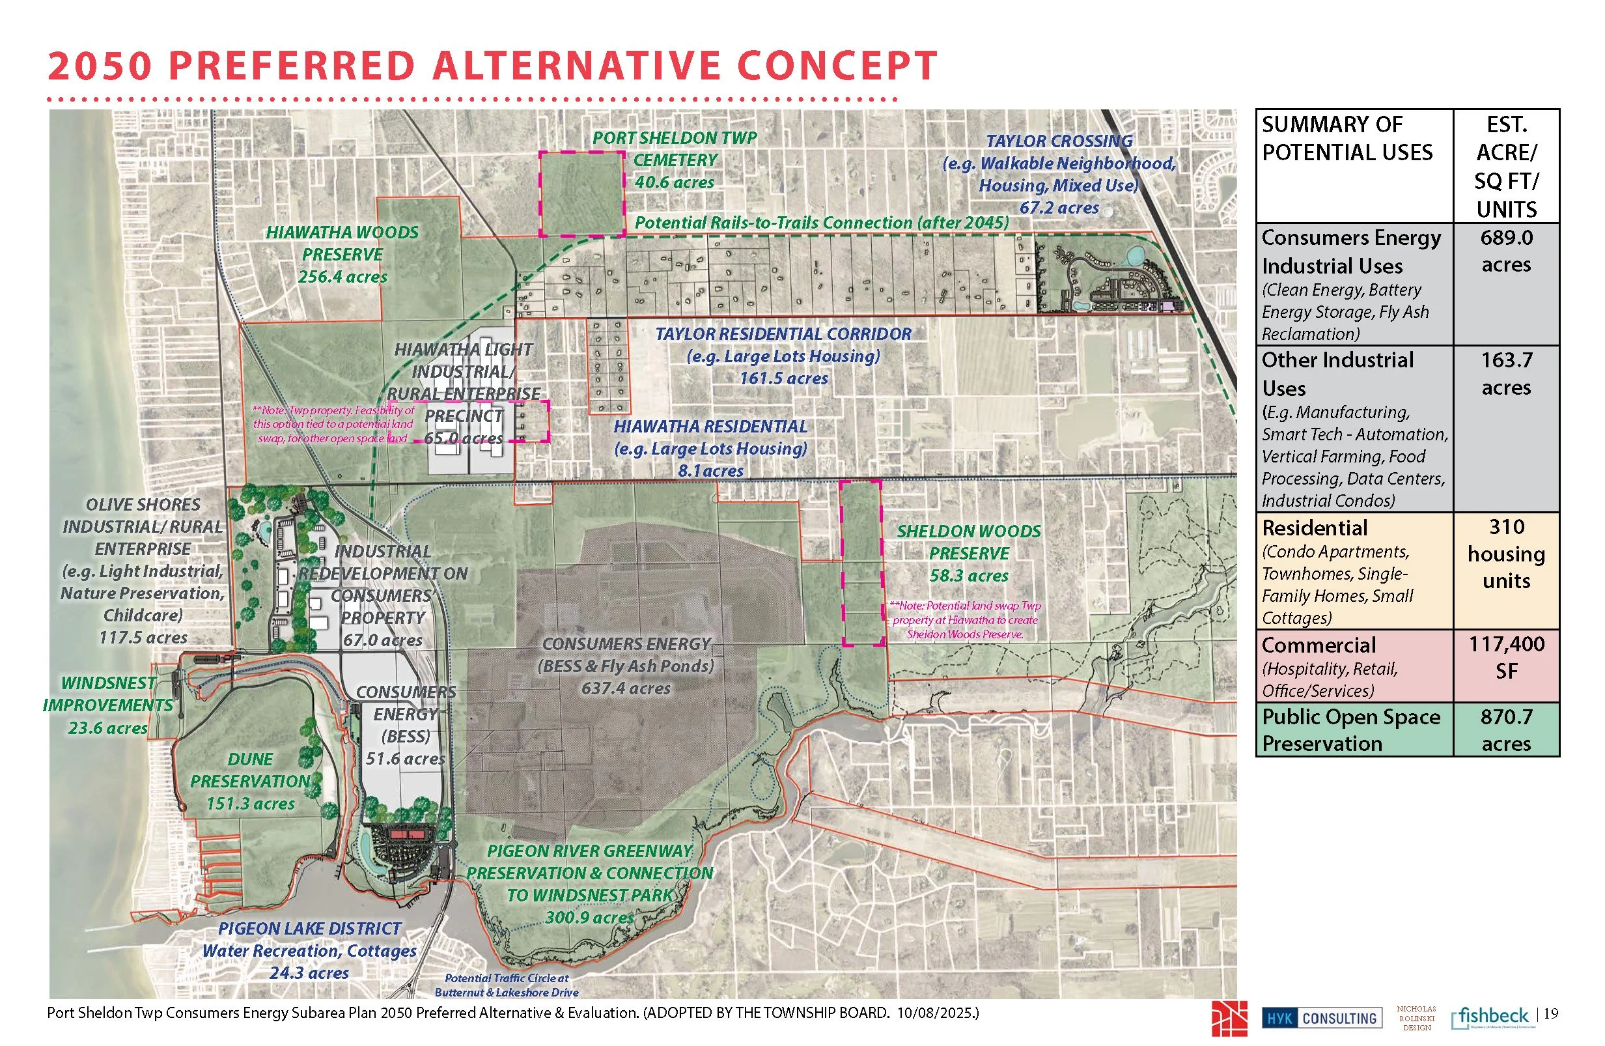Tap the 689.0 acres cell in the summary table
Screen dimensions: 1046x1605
(1506, 251)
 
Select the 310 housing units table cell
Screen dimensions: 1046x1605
(1506, 554)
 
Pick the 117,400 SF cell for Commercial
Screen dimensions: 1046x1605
(1506, 658)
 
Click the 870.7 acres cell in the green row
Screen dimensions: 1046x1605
(1506, 729)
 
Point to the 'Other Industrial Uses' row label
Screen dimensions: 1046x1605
(1337, 374)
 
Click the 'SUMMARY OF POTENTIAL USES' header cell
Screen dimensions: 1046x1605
(1346, 138)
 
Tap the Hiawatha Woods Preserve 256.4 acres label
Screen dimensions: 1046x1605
(342, 254)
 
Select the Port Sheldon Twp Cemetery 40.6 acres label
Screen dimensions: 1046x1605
(675, 160)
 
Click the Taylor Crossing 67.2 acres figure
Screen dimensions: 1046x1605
(1059, 208)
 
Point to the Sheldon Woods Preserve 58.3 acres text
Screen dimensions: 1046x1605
(968, 554)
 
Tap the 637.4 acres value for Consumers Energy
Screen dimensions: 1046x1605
(626, 688)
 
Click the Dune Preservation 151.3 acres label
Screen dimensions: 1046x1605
(250, 782)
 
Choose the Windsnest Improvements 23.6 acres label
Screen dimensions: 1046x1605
(108, 705)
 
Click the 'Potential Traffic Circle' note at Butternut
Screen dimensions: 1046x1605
(507, 985)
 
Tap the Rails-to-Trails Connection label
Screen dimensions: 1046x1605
(822, 223)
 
